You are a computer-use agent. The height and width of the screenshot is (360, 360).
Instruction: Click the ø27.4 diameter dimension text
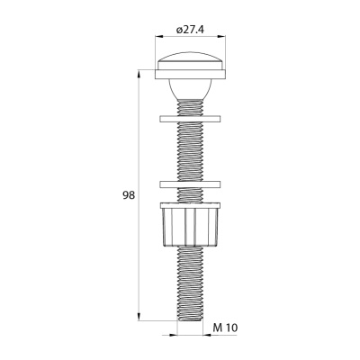click(191, 31)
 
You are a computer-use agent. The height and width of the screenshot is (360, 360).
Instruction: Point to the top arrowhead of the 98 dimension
click(139, 72)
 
